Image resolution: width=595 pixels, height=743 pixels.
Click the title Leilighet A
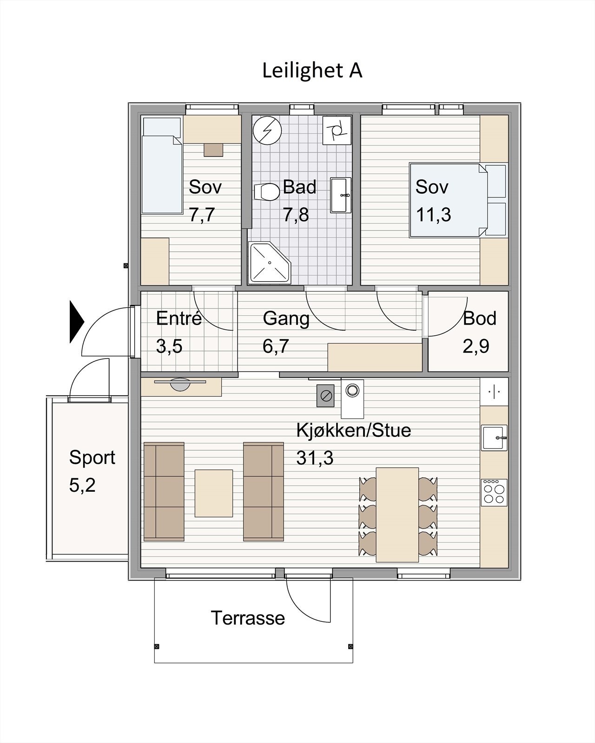click(312, 71)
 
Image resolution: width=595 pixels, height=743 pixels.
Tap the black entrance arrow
click(77, 322)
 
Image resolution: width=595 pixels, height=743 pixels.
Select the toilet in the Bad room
click(266, 192)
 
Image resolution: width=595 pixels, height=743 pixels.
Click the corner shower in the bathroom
click(269, 262)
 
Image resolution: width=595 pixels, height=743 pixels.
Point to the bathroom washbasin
click(341, 195)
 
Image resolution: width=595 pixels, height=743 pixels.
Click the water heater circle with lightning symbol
click(267, 130)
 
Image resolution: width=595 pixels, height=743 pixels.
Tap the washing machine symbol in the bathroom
click(337, 130)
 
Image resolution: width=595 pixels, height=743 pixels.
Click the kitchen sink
click(494, 438)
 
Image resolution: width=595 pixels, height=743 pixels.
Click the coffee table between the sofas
click(214, 493)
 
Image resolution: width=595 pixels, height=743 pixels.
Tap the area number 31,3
click(315, 458)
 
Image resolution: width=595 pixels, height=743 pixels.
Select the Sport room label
click(92, 458)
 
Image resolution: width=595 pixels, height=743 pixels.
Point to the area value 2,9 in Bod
click(476, 346)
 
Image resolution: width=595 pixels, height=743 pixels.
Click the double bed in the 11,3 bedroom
click(458, 200)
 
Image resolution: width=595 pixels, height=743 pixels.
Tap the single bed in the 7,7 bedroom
click(162, 166)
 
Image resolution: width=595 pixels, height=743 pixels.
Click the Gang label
click(286, 319)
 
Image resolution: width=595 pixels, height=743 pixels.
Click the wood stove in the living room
click(325, 396)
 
